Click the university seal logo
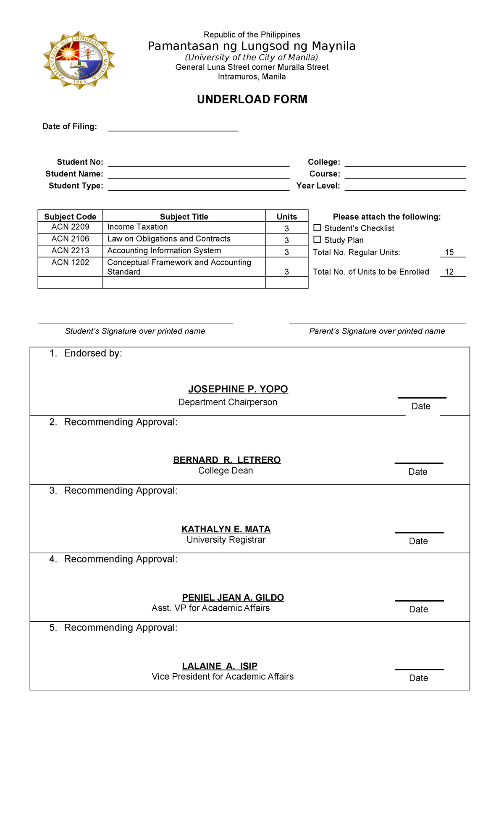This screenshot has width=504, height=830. [x=79, y=60]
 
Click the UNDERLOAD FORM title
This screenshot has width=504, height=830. [x=252, y=99]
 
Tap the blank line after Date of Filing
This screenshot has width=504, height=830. [x=173, y=127]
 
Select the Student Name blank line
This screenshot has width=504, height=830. [x=198, y=175]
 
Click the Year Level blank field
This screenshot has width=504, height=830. [x=405, y=186]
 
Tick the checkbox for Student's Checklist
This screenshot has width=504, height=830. [x=317, y=228]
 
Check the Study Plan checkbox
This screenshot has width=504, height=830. [x=317, y=239]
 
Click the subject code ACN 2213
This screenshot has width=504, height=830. [x=70, y=251]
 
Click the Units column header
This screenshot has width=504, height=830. [x=286, y=217]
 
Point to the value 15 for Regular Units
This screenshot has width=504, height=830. [x=449, y=252]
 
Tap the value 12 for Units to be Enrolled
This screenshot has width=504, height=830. [x=449, y=272]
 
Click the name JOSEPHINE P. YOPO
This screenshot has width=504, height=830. [x=238, y=389]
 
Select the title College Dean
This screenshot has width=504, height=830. [x=226, y=471]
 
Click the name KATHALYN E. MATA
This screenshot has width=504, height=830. [x=226, y=529]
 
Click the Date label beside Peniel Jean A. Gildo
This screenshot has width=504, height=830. [x=418, y=609]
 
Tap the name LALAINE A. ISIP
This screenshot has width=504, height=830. [x=220, y=666]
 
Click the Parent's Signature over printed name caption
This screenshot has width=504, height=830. [x=377, y=331]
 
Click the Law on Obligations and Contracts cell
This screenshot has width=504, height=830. [x=169, y=239]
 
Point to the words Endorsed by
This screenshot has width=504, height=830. [x=93, y=353]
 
